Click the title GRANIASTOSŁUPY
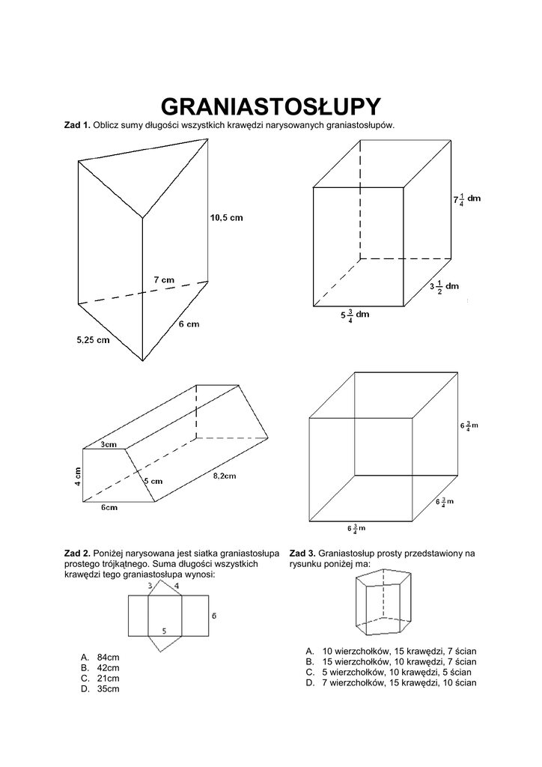click(271, 104)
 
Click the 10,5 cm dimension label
click(226, 218)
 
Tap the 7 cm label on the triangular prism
click(164, 279)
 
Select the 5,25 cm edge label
click(93, 339)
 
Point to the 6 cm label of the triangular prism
click(189, 324)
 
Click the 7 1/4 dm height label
click(466, 200)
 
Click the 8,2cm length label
click(224, 476)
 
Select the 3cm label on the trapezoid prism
click(109, 445)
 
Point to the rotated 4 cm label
click(77, 475)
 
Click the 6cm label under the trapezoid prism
click(109, 507)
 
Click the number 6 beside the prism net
click(214, 616)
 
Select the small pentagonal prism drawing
click(385, 601)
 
